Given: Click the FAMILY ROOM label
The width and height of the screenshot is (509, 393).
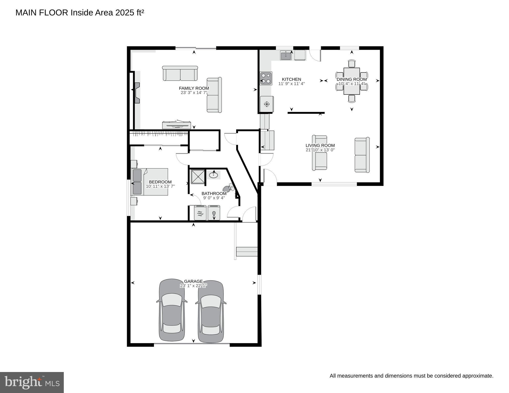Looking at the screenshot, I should (x=194, y=88).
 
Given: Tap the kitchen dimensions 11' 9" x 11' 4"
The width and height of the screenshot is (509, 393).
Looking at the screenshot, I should (x=292, y=84).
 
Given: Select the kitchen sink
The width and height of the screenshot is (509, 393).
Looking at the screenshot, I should (x=286, y=56).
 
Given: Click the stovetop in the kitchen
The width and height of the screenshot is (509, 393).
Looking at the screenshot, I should (x=266, y=78).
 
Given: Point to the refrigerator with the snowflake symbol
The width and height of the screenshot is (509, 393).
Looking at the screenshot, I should (x=267, y=104).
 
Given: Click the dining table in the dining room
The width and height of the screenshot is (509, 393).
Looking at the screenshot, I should (x=352, y=81).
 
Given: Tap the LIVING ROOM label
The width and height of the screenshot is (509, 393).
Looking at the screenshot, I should (x=320, y=145).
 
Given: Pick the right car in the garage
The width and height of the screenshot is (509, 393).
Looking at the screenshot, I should (x=211, y=312).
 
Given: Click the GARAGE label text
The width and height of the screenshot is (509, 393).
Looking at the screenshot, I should (x=193, y=281).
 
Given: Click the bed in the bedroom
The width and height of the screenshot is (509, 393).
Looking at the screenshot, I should (x=150, y=182).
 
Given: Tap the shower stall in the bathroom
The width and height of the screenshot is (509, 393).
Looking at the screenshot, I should (x=198, y=177).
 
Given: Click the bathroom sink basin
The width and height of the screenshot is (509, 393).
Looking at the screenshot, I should (x=213, y=175).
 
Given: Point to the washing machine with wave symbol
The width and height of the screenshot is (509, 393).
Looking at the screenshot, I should (x=200, y=213).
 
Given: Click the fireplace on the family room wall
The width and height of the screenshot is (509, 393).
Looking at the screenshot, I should (x=137, y=93).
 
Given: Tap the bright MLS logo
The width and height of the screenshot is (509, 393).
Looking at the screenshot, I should (x=32, y=382).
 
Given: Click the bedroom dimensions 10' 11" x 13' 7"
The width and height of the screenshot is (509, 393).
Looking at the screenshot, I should (x=160, y=186).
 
